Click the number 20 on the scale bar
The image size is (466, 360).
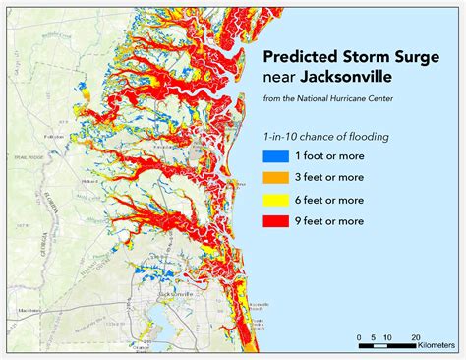pos(415,334)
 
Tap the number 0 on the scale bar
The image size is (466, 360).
pos(359,334)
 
